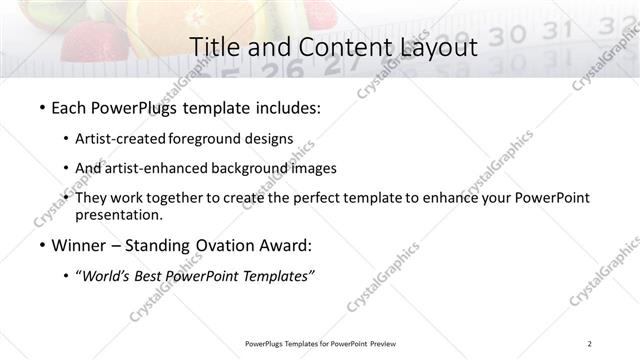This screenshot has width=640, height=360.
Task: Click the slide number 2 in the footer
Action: pyautogui.click(x=589, y=343)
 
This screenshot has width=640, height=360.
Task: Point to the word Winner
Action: pyautogui.click(x=81, y=245)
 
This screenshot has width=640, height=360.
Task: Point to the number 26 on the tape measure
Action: pyautogui.click(x=292, y=70)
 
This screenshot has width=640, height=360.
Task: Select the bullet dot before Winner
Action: pyautogui.click(x=41, y=245)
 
